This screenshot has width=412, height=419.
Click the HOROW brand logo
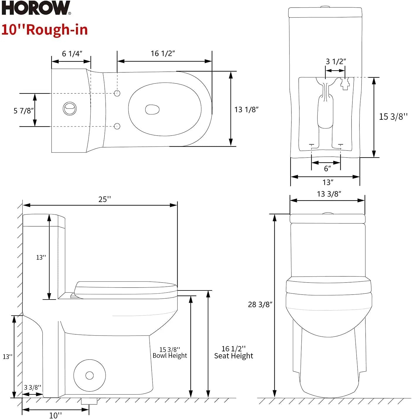36,8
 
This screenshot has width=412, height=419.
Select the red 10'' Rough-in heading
45,30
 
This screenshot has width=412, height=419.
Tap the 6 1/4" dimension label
72,54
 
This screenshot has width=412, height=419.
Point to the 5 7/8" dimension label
24,111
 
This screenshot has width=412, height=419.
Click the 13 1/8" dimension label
246,110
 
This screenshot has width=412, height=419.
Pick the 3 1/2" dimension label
336,61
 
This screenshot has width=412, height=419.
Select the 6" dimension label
327,169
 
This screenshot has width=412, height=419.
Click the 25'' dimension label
105,199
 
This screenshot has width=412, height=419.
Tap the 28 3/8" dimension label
260,305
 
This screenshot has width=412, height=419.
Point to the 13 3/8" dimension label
329,194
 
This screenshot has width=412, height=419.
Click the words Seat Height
234,356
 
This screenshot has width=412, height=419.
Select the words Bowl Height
170,355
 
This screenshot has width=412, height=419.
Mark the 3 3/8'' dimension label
33,387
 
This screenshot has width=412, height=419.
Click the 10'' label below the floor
55,415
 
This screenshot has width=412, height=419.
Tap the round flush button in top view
70,109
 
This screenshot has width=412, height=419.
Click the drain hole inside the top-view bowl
152,110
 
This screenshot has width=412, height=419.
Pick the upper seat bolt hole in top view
117,93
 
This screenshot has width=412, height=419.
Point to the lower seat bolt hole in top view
117,126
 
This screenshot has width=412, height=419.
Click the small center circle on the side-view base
90,375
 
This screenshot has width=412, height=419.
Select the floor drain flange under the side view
89,401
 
